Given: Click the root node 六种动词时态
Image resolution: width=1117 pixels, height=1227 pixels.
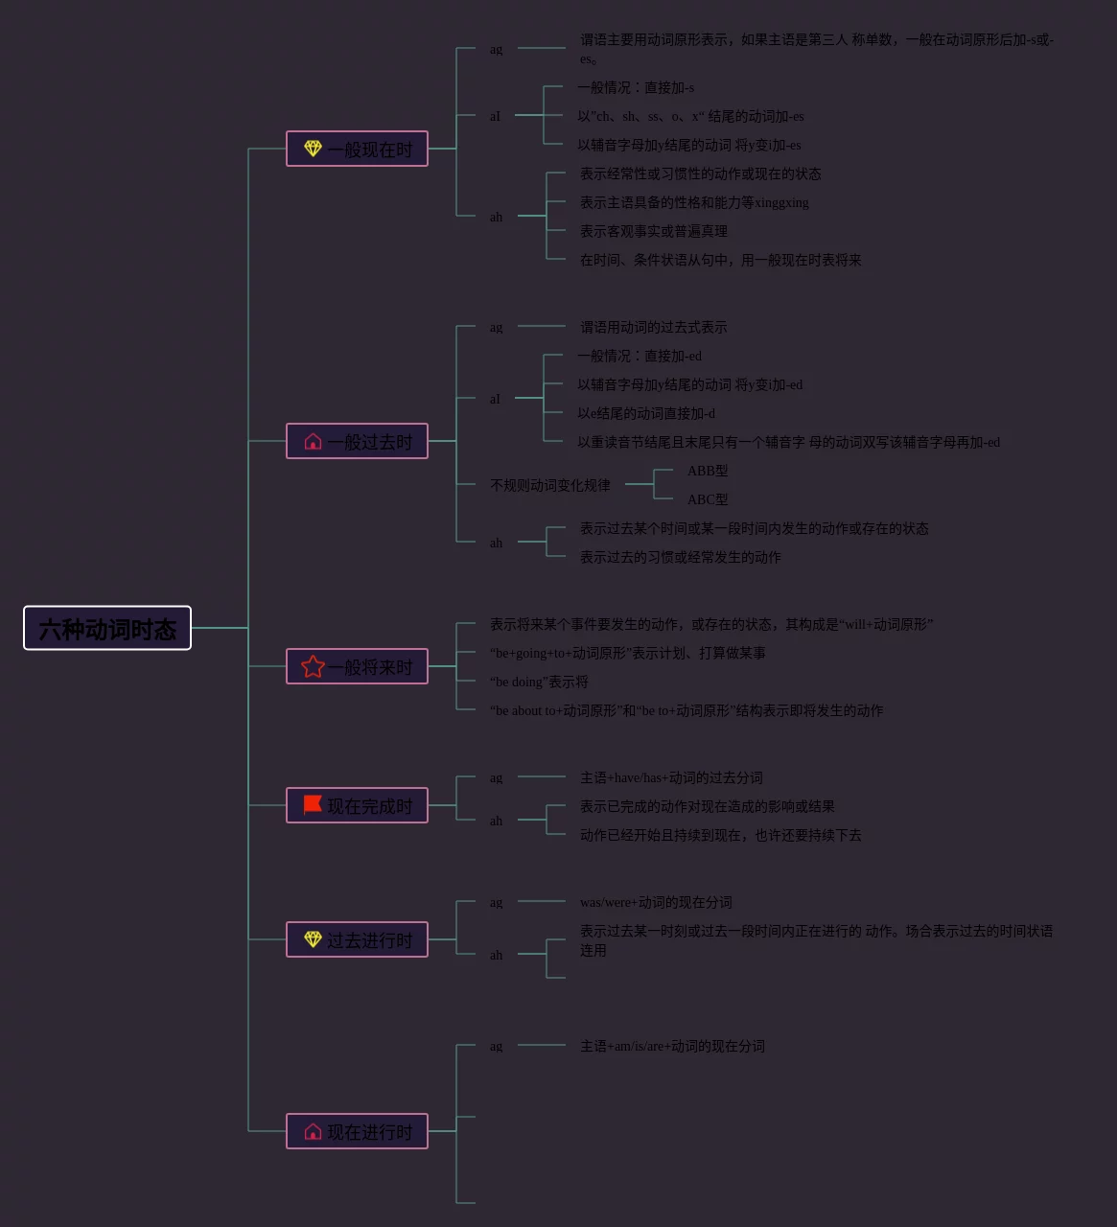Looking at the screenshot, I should tap(107, 628).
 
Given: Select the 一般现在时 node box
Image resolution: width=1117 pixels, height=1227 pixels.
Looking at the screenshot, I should tap(357, 149).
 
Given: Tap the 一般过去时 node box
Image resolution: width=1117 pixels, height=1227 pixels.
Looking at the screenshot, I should tap(357, 441).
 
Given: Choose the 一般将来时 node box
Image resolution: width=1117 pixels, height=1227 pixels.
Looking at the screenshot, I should tap(357, 666).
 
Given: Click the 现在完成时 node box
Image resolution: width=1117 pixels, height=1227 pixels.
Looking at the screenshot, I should tap(357, 805).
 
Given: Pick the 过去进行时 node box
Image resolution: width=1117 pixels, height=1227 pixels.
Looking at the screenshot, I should tap(357, 939).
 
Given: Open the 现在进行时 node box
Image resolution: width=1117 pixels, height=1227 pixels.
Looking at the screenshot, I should tap(357, 1131).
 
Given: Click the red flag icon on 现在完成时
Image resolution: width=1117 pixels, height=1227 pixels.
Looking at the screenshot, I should tap(313, 804).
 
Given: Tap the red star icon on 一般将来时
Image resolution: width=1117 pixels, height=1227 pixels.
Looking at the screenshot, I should tap(313, 666).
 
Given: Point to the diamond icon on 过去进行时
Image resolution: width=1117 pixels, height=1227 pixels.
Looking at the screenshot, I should tap(313, 938).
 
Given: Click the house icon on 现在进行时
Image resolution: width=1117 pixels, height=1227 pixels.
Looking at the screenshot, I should tap(313, 1131).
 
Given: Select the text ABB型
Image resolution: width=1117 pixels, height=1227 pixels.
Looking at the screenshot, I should tap(708, 471).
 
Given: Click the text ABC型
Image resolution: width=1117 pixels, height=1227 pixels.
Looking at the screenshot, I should tap(708, 499).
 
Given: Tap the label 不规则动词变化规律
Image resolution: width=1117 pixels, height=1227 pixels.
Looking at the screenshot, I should tap(550, 485).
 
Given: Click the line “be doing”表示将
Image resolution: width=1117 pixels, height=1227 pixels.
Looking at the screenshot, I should tap(539, 682).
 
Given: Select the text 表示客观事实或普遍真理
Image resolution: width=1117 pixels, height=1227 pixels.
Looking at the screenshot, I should tap(654, 231).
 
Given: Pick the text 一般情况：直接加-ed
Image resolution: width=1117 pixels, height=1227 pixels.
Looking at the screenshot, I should tap(640, 356).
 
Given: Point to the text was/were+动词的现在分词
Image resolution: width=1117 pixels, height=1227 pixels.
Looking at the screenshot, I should tap(656, 902).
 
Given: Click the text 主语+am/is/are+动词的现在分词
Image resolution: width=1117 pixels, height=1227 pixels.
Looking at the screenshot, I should tap(672, 1046).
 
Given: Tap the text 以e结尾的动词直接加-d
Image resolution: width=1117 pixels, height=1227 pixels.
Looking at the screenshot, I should tap(646, 413).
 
